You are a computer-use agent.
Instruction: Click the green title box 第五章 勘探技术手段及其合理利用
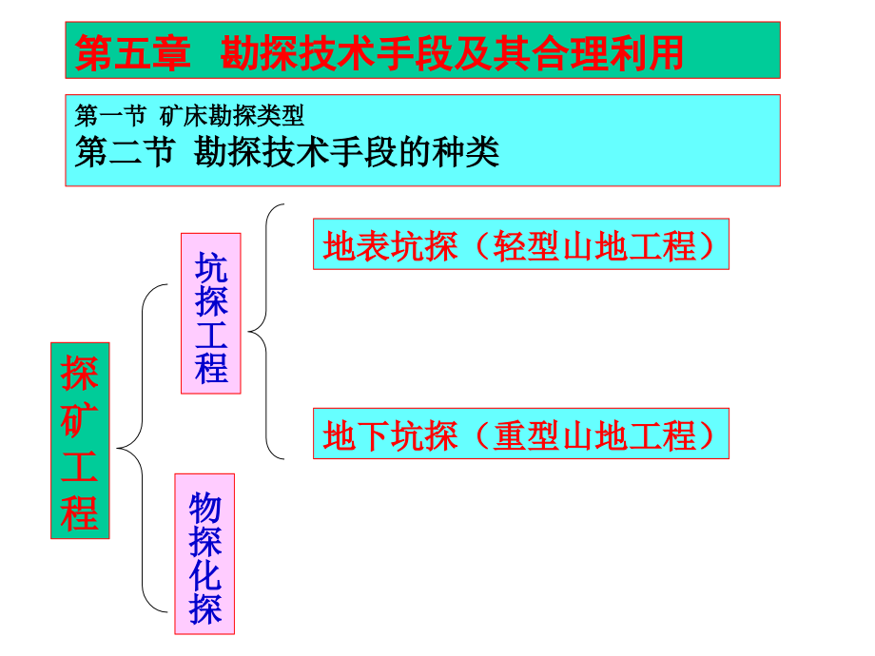point(423,51)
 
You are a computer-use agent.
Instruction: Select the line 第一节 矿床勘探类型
point(190,116)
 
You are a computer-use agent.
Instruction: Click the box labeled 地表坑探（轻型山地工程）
point(520,246)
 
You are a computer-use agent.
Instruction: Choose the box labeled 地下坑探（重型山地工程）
point(520,434)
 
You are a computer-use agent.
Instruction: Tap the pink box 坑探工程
point(210,313)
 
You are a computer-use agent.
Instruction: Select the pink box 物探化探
point(204,553)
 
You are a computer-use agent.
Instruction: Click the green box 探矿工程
point(80,440)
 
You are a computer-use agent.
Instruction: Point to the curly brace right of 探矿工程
point(133,447)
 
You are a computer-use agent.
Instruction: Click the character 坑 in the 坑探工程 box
point(210,265)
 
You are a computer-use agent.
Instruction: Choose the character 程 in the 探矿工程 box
point(80,513)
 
